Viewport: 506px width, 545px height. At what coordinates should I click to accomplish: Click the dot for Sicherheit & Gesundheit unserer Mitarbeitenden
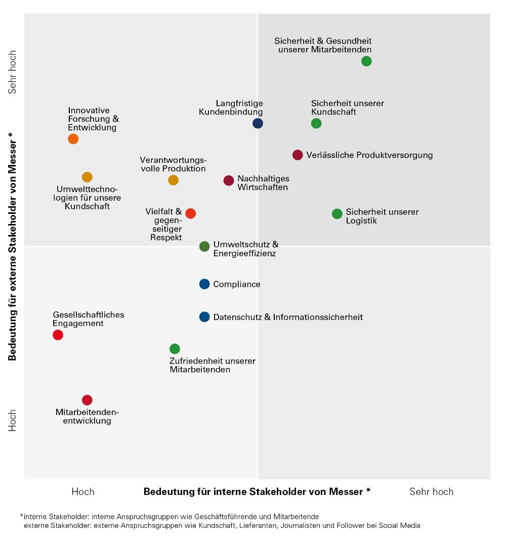point(366,61)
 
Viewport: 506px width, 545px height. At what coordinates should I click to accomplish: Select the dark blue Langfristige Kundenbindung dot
point(258,123)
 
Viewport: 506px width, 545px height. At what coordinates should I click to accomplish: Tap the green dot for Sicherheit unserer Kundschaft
point(316,123)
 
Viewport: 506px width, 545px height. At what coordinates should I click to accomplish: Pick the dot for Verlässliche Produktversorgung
point(298,155)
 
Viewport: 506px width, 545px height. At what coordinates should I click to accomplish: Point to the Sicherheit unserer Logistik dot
point(337,214)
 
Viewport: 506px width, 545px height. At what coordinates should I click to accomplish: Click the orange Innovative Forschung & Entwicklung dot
point(73,139)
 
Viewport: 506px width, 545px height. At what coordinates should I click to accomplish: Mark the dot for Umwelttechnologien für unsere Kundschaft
point(87,177)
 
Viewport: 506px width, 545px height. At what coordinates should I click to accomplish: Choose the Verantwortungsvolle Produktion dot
point(173,180)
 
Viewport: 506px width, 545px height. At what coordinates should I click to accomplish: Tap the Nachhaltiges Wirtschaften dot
point(229,180)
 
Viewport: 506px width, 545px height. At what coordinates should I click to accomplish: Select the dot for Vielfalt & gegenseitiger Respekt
point(190,213)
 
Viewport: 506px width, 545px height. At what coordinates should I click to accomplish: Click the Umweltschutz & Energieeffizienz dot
point(204,247)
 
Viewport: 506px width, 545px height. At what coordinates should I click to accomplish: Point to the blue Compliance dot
point(204,284)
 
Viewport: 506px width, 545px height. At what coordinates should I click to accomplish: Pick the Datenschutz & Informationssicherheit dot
point(204,317)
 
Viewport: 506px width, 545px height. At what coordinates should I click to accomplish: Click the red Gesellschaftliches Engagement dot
point(58,335)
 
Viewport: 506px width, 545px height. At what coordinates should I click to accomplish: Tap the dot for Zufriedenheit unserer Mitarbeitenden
point(175,349)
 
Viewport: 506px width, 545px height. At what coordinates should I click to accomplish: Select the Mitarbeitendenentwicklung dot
point(87,400)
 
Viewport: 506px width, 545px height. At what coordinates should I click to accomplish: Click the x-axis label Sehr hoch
point(431,491)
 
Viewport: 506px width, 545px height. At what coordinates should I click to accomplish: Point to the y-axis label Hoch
point(13,421)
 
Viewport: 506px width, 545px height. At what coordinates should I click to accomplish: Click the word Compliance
point(237,284)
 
